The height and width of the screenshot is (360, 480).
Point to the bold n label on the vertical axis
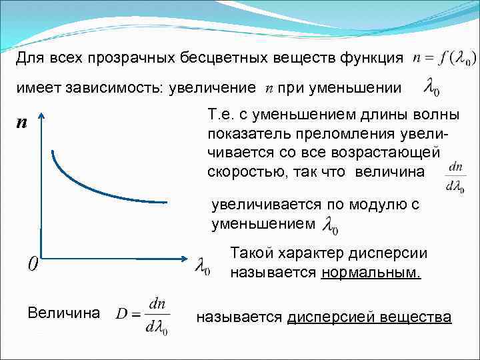[x=22, y=123]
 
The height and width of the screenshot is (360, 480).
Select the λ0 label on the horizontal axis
[x=202, y=267]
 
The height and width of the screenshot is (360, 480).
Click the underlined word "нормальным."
[x=371, y=272]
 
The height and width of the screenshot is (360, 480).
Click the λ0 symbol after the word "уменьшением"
[x=329, y=226]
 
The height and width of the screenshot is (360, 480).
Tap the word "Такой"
[x=249, y=253]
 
